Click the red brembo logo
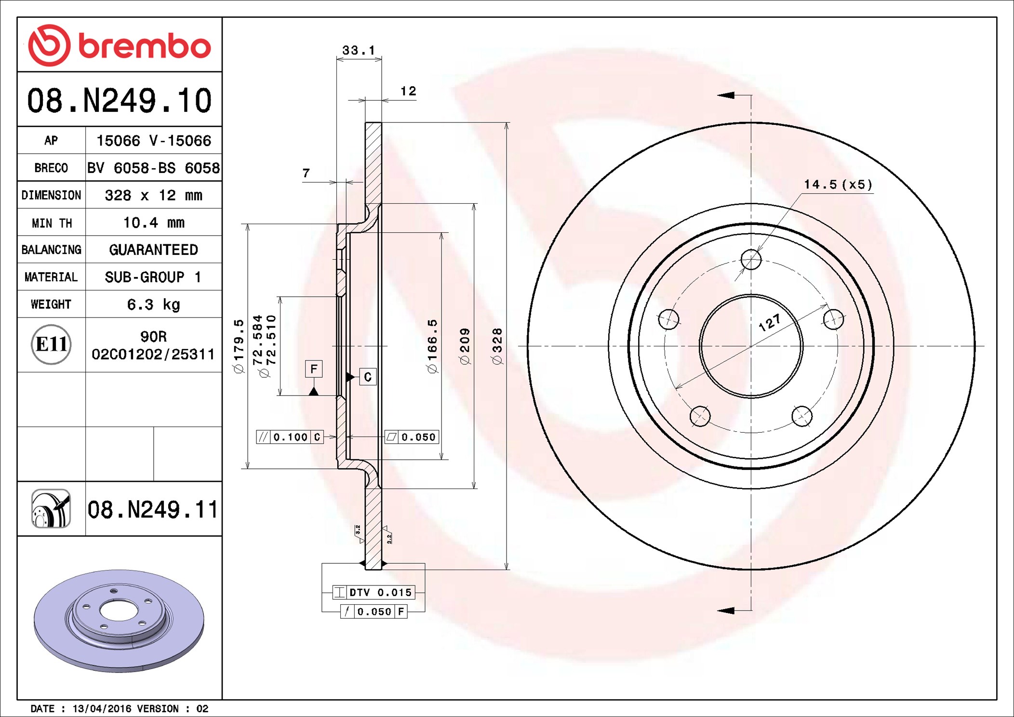(x=119, y=45)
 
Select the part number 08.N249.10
(x=119, y=101)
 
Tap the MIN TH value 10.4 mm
(x=154, y=223)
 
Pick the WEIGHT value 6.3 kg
(x=154, y=305)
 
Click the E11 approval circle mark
(x=51, y=345)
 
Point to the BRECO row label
(x=51, y=168)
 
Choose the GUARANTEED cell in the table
(x=153, y=250)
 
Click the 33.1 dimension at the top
(x=359, y=50)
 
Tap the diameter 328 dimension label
(x=497, y=346)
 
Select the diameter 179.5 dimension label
(x=239, y=346)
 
